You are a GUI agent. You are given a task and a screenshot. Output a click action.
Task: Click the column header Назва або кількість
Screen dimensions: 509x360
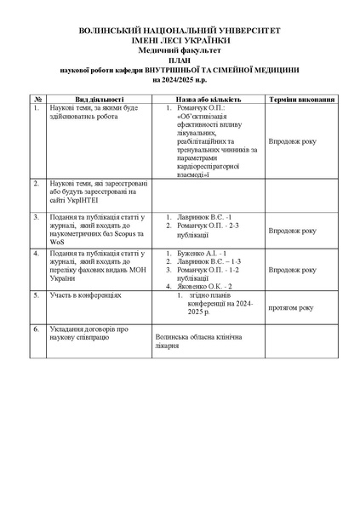(x=209, y=99)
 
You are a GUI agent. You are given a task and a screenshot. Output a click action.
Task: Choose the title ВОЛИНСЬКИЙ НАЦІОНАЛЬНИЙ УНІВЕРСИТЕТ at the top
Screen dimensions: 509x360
(x=180, y=30)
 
